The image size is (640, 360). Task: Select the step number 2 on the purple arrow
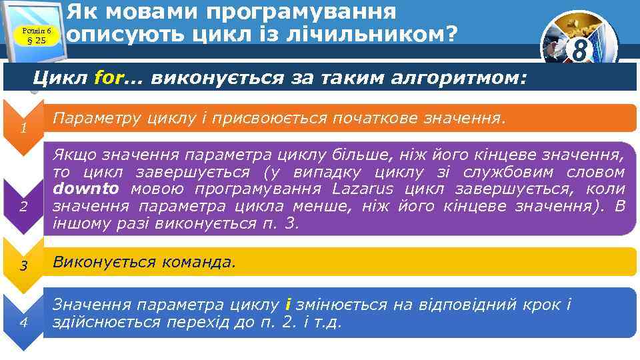(x=23, y=206)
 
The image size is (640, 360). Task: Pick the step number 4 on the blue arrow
(x=23, y=323)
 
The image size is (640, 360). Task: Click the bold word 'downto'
(x=87, y=189)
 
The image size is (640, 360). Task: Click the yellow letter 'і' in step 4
(x=287, y=305)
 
